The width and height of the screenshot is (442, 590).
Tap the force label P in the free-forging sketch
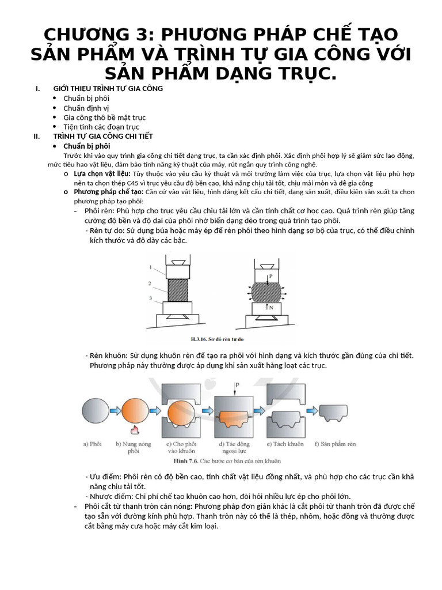[270, 277]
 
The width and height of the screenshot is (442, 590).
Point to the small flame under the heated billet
[134, 430]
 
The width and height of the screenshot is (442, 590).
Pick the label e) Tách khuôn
[286, 444]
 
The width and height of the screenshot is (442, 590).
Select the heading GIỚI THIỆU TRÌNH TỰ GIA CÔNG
[108, 88]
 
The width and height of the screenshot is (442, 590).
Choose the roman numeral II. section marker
[37, 137]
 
